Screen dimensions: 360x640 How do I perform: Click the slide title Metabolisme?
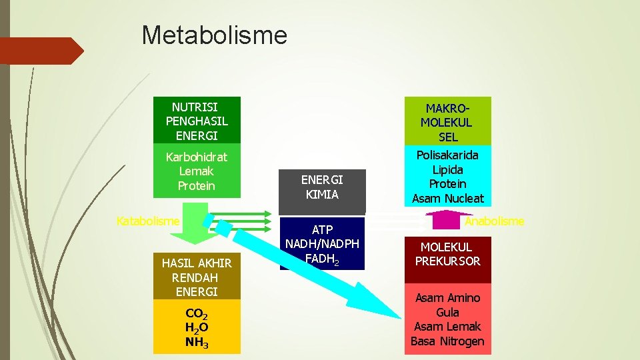[x=214, y=35]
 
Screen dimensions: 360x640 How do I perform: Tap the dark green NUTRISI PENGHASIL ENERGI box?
[x=197, y=121]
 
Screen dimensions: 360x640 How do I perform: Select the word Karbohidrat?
[x=197, y=157]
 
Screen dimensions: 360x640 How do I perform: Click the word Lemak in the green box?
[x=197, y=171]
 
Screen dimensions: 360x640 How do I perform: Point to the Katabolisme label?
[x=148, y=221]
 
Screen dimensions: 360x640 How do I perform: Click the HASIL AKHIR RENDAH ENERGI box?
[x=197, y=277]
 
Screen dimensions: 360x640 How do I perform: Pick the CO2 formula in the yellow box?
[x=196, y=314]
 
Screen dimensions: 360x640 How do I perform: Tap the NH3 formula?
[x=197, y=344]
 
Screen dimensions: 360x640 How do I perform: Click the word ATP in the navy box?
[x=323, y=230]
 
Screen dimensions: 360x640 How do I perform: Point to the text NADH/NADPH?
[x=323, y=244]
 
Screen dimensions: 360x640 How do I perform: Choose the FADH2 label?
[x=323, y=259]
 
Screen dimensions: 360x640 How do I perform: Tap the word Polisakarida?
[x=447, y=155]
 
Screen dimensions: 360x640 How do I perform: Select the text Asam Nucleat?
[x=447, y=198]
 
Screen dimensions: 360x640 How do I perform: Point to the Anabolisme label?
[x=494, y=221]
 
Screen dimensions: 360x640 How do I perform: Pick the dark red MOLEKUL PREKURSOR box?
[x=447, y=255]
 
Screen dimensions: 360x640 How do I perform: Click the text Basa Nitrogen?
[x=447, y=341]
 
